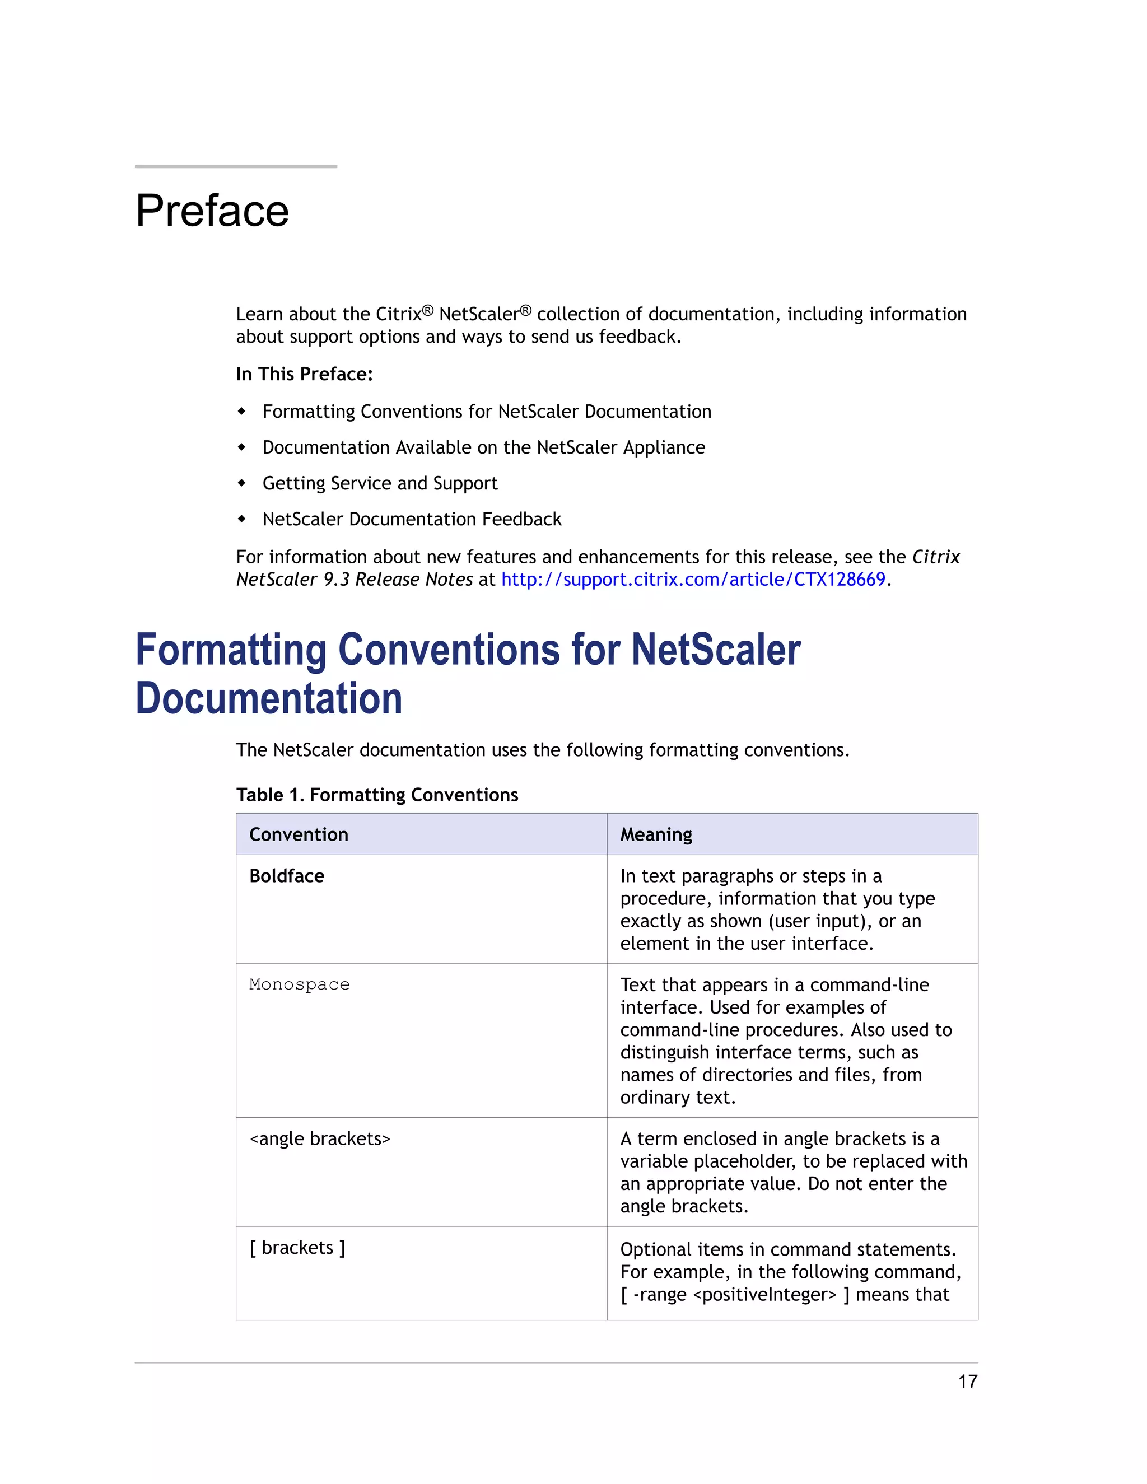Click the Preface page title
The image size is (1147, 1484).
[x=212, y=211]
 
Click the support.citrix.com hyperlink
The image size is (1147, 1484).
[x=693, y=580]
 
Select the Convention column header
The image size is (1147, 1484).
[x=299, y=834]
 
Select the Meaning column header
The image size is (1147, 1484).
[x=656, y=834]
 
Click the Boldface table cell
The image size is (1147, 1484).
[x=287, y=876]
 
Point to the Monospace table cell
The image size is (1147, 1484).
[x=299, y=984]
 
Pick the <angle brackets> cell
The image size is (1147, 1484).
[x=319, y=1139]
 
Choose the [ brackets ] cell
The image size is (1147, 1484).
[x=297, y=1248]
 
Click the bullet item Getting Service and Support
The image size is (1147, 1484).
[x=380, y=483]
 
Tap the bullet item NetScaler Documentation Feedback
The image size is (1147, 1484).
[x=412, y=519]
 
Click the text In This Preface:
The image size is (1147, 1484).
[x=304, y=375]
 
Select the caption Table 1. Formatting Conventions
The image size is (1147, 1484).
[x=376, y=795]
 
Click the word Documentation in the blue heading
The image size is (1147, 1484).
[x=268, y=698]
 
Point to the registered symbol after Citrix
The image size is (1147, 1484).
[x=427, y=311]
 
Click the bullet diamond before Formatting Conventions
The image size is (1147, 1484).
[x=242, y=411]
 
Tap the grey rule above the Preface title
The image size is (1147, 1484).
[x=236, y=166]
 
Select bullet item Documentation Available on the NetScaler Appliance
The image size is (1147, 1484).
[x=483, y=447]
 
